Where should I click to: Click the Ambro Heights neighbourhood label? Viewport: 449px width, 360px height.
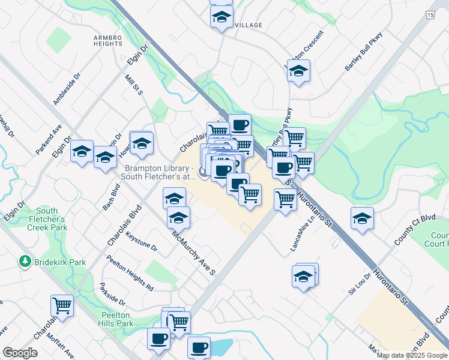(x=108, y=41)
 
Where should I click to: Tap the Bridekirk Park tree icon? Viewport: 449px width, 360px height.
(x=25, y=262)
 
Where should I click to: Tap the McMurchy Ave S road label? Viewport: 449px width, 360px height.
(x=194, y=254)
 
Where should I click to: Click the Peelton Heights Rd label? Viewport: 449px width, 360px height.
(x=130, y=274)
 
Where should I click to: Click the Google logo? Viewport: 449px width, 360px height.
(x=20, y=353)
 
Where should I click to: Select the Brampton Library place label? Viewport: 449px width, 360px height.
(x=158, y=173)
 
